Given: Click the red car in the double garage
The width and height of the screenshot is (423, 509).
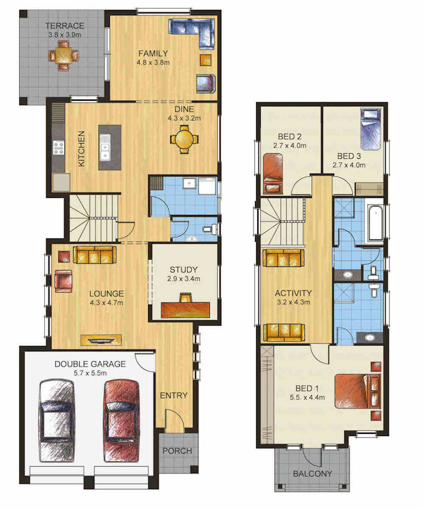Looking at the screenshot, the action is point(122,421).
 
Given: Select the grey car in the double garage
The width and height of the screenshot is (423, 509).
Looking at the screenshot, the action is point(57,421).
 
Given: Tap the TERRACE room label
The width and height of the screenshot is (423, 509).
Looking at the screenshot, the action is point(64,25).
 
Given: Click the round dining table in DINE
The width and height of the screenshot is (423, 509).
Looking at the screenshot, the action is point(184,140).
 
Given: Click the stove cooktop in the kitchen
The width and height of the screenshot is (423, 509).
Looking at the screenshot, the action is point(59,148).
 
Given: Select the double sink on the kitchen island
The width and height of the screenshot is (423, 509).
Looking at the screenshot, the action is point(105,148).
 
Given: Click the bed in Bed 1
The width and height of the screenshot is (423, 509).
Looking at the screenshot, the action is point(357,391).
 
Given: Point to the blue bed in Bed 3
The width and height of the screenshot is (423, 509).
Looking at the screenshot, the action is point(370,130).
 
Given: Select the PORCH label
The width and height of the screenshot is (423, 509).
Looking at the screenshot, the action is point(177,451).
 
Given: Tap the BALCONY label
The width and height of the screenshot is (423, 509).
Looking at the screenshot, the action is point(312,474).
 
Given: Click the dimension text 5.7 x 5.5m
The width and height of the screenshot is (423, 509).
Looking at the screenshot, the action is point(90,373).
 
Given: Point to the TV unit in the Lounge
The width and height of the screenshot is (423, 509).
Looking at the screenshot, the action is point(101,340).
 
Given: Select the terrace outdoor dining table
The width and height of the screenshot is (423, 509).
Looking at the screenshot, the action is point(64,55).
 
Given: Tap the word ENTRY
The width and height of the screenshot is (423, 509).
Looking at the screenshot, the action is point(174,395).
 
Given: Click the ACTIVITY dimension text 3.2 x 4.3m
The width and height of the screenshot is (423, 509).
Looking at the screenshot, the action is point(293,302).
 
